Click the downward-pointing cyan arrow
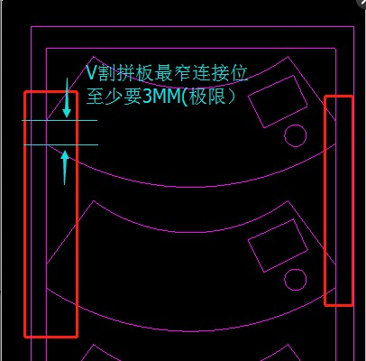[67, 97]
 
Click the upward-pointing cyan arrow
[65, 167]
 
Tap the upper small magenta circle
[296, 135]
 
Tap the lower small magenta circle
[296, 280]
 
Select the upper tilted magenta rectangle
[278, 101]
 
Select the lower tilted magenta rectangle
[278, 245]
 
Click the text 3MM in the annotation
[161, 97]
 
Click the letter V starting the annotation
[91, 72]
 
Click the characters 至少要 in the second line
[114, 97]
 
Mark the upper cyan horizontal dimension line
[59, 120]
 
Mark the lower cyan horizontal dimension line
[61, 145]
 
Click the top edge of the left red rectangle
[51, 92]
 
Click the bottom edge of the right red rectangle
[338, 305]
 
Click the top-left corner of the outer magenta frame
[32, 27]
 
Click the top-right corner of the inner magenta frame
[336, 48]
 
